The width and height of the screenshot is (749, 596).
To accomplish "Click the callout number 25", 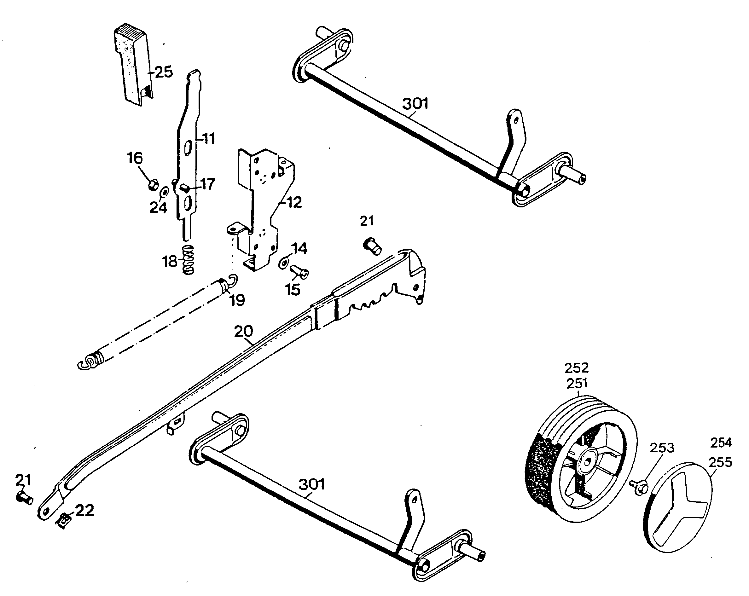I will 164,72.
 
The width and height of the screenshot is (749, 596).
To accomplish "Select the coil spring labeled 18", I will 188,260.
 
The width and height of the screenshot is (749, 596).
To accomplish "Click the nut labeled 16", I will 153,185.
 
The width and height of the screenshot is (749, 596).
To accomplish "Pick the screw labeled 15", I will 299,272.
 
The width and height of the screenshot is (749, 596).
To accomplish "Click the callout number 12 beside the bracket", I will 294,202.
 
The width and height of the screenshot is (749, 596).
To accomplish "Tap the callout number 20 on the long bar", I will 244,332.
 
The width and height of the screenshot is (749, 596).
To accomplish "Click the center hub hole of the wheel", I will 588,462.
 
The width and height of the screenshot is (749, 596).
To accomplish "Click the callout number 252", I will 577,368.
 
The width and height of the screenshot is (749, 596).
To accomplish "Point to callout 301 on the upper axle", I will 415,103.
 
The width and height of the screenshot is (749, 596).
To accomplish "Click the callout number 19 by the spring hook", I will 238,300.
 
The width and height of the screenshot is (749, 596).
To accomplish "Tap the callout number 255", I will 720,462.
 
